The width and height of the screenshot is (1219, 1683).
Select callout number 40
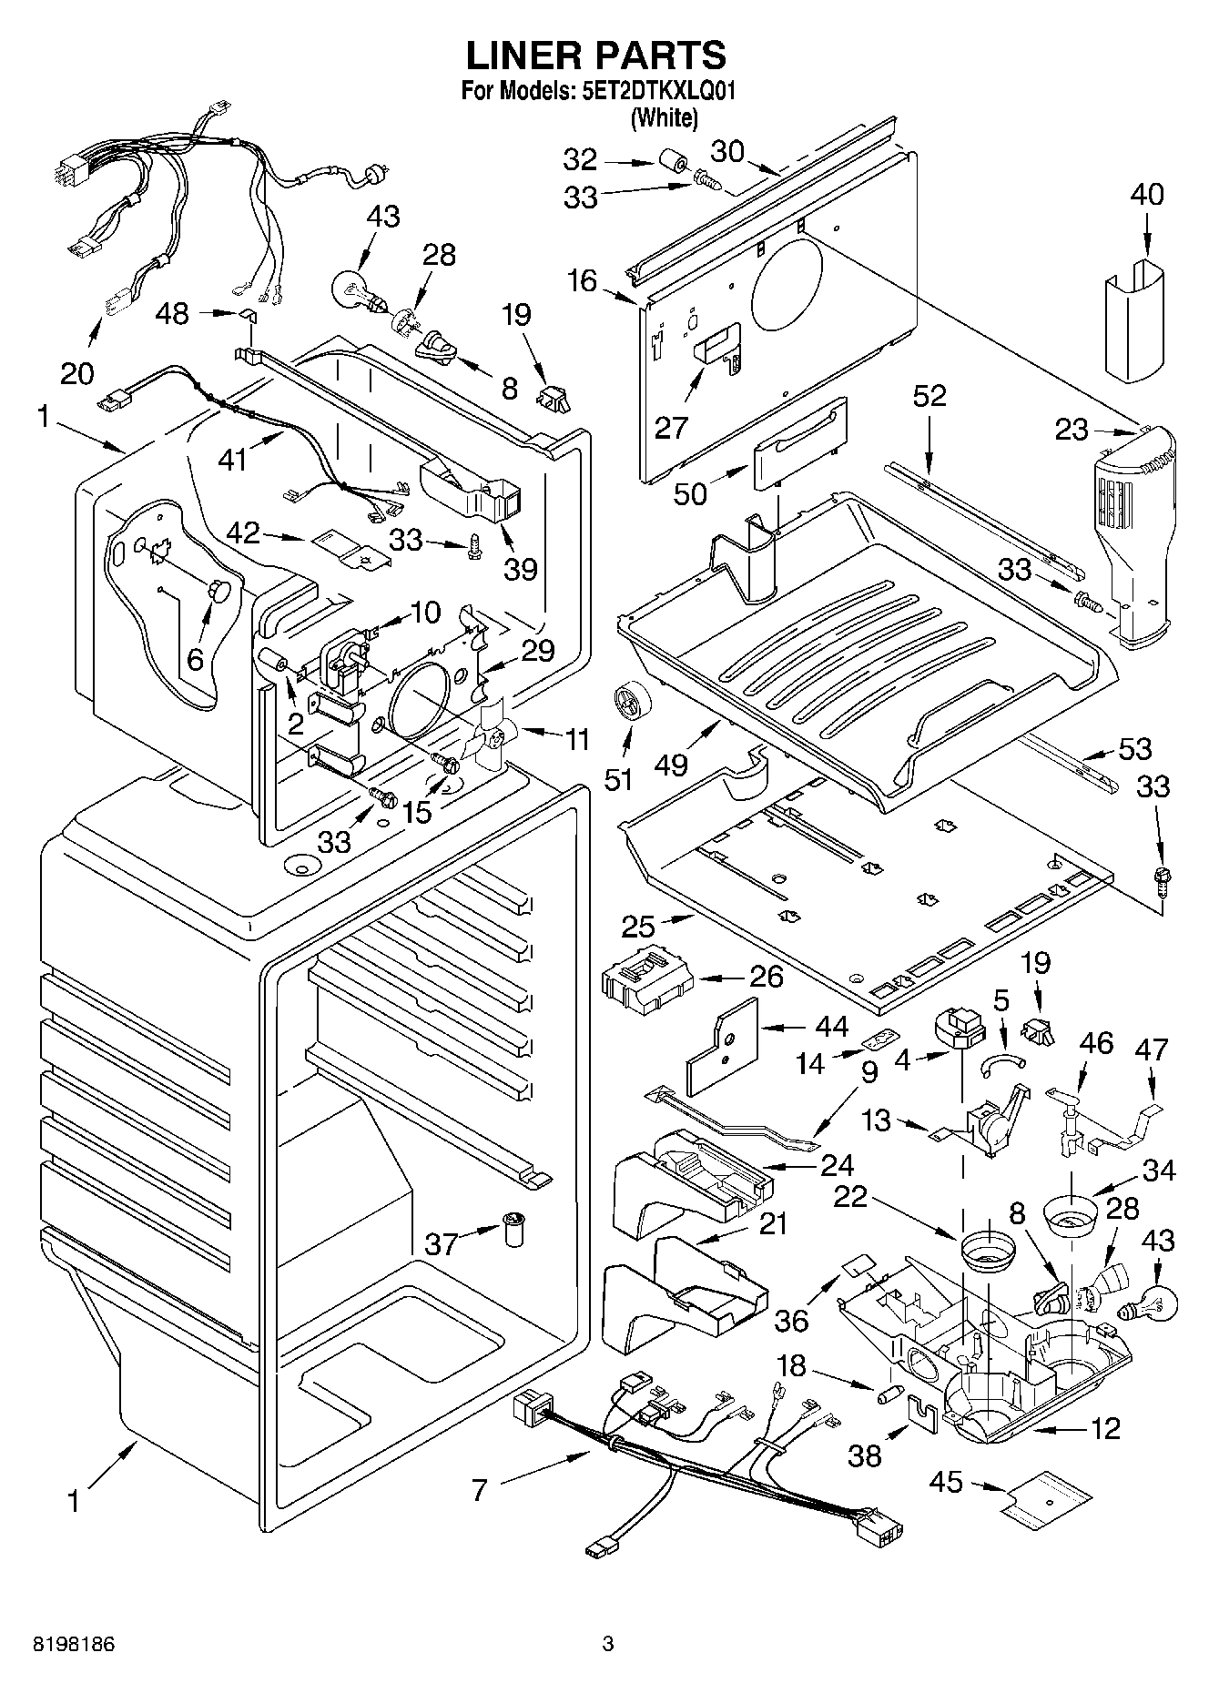tap(1147, 195)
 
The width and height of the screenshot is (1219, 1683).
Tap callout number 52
tap(929, 395)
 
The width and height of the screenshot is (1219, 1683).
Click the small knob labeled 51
tap(626, 705)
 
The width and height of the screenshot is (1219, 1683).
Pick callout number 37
tap(442, 1243)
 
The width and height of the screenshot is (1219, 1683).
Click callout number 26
tap(767, 977)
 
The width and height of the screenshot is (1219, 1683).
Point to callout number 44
tap(830, 1028)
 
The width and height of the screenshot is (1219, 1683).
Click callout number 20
tap(77, 373)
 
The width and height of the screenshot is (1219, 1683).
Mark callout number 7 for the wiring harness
tap(480, 1490)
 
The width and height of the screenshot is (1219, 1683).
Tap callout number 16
tap(583, 280)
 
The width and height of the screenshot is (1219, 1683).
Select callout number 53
tap(1134, 749)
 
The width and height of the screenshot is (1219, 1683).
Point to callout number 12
tap(1105, 1428)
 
